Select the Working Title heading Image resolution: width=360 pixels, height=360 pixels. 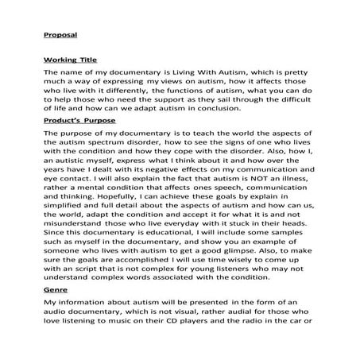pyautogui.click(x=68, y=59)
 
